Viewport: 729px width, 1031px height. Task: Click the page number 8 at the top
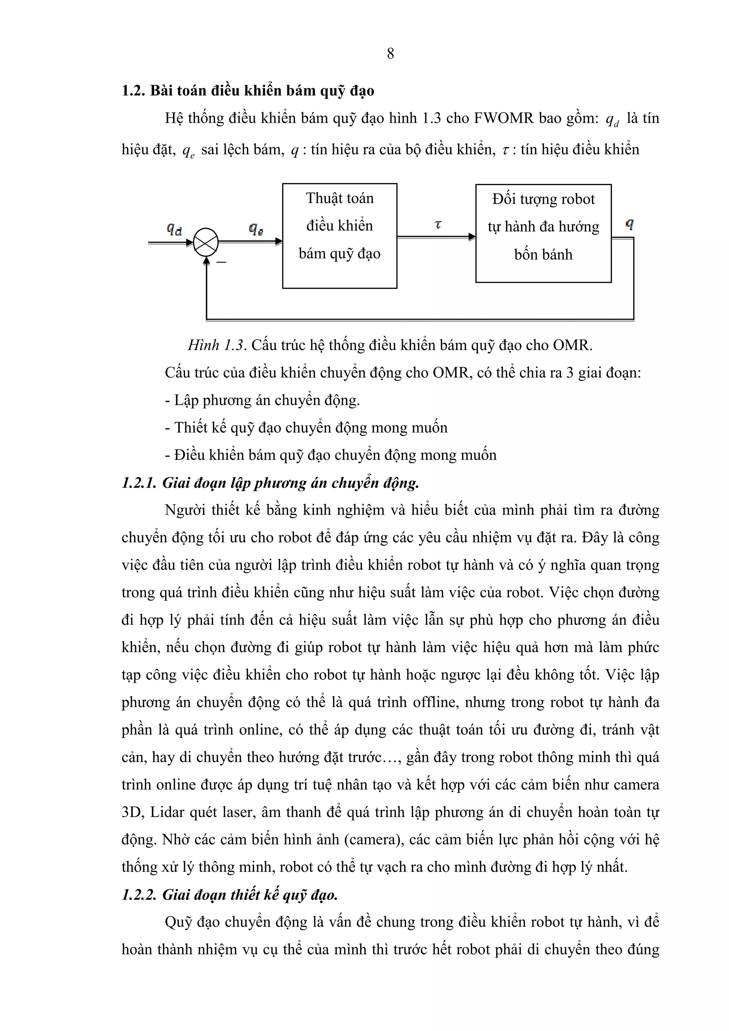tap(390, 53)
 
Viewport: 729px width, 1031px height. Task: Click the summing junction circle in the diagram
tap(206, 242)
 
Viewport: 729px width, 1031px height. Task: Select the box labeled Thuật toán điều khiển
tap(339, 236)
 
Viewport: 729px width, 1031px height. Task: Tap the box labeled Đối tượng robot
tap(543, 233)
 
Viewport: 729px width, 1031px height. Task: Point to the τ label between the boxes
tap(438, 225)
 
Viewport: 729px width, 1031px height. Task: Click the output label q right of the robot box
tap(629, 224)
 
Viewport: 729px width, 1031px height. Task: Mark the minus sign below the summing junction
tap(221, 262)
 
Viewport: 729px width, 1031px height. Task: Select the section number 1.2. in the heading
tap(133, 91)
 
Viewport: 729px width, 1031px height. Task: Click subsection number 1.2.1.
tap(139, 483)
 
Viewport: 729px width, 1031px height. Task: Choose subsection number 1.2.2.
tap(139, 895)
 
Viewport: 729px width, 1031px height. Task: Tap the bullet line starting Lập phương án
tap(263, 400)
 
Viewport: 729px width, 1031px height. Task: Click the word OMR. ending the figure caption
tap(572, 345)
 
